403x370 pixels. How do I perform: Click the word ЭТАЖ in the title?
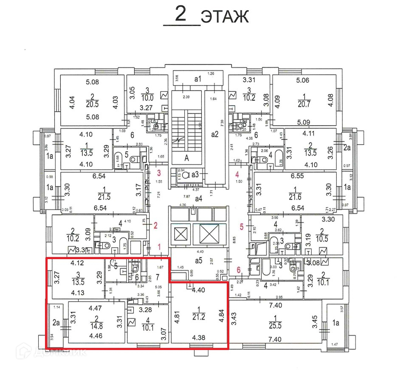tap(224, 17)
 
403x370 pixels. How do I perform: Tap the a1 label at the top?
tap(197, 79)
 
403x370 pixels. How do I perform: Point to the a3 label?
tap(195, 174)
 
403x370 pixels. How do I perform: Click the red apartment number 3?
tap(159, 173)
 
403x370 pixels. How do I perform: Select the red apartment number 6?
tap(238, 269)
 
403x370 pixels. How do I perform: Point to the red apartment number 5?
tap(242, 227)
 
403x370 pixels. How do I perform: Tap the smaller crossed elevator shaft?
tap(180, 233)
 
